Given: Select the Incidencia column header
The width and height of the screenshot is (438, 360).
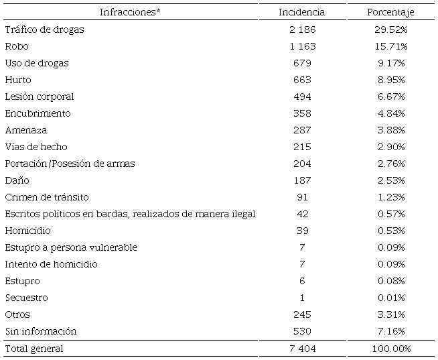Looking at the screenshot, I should tap(302, 12).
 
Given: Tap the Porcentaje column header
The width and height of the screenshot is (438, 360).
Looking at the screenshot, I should tap(391, 12).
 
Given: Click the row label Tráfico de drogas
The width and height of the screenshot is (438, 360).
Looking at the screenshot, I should tap(44, 29).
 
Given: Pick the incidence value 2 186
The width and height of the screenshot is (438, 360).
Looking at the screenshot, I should tap(302, 29).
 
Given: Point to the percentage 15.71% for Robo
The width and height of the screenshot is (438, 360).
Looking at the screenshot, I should tap(391, 46).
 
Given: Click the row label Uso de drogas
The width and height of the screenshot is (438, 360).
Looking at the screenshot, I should tap(37, 63).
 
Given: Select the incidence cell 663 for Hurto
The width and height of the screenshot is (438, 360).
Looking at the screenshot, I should tap(302, 80).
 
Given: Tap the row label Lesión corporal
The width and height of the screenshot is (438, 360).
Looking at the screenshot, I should tap(40, 97).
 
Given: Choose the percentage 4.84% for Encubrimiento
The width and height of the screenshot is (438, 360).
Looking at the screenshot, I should tap(391, 113).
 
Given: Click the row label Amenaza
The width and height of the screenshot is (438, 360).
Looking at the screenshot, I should tap(26, 130).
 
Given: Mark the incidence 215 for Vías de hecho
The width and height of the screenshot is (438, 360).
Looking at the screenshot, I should tap(302, 147).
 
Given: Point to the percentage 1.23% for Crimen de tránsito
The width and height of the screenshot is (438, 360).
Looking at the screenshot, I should tap(391, 197).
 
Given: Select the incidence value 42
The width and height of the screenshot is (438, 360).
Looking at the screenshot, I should tap(302, 214).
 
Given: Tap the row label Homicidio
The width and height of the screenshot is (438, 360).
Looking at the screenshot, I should tap(27, 231).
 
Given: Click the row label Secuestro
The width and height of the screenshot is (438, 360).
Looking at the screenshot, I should tap(27, 298).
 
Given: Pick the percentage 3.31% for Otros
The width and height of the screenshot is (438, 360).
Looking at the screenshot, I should tap(391, 314).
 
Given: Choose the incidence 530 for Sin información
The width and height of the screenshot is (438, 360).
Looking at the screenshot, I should tap(302, 331).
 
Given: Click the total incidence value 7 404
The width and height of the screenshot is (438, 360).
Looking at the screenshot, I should tap(302, 349).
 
